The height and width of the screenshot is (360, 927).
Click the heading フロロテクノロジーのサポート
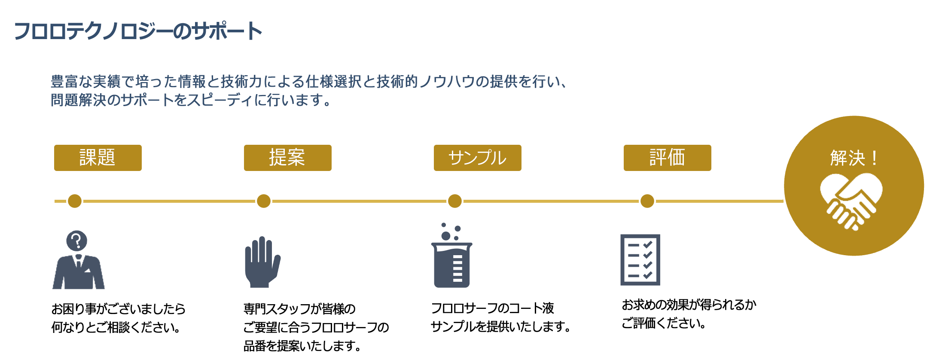(138, 31)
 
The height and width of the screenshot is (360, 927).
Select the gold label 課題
(98, 158)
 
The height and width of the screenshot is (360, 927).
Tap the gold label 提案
(287, 158)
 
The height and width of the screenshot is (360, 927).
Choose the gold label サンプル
(477, 158)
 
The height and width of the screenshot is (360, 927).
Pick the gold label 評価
(667, 158)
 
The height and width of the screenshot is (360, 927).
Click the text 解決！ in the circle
(854, 158)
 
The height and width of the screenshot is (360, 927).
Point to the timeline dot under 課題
(75, 201)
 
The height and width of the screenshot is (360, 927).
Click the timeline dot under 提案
(264, 201)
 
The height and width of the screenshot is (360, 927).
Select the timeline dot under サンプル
(455, 201)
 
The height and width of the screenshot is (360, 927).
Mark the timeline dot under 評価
(647, 201)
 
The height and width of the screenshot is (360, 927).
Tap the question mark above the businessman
(77, 241)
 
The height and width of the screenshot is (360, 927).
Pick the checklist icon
(640, 259)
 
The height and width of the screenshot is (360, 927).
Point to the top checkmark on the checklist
(647, 244)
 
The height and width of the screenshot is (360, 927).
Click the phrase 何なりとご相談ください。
(116, 327)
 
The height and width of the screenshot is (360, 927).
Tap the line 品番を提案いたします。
(302, 346)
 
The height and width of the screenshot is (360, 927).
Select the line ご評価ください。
(664, 323)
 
